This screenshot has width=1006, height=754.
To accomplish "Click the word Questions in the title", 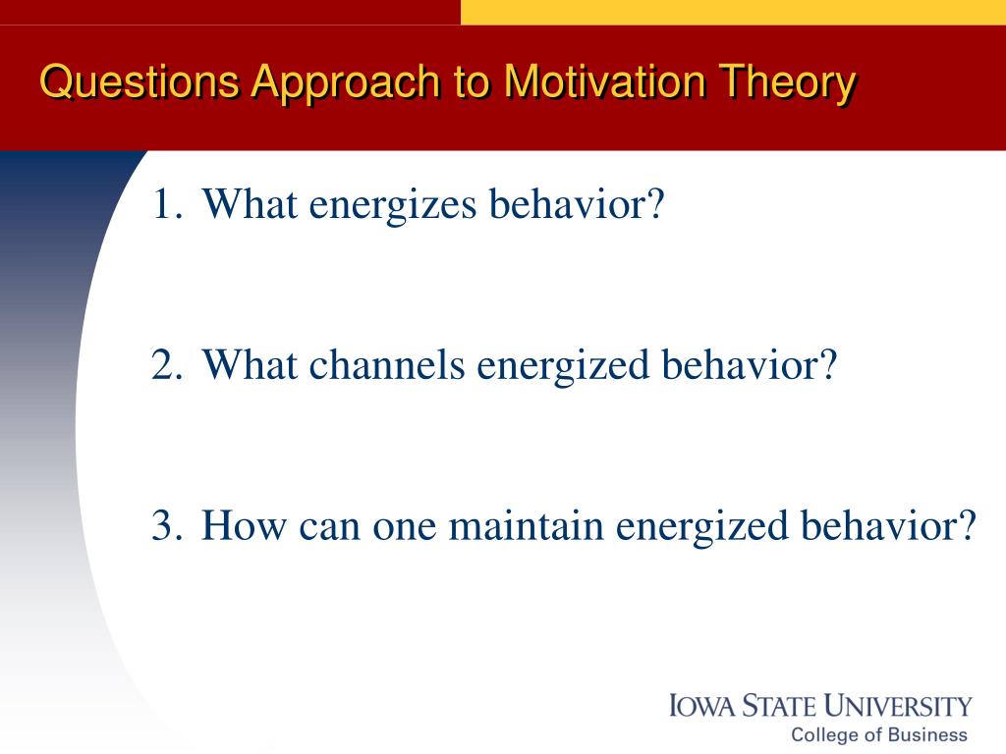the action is (140, 82).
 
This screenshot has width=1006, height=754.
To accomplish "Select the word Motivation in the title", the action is (605, 82).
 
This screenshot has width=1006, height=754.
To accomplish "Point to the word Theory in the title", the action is (787, 84).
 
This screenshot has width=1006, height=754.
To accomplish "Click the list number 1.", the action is (166, 204).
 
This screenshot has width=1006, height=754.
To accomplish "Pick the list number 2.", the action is (167, 365).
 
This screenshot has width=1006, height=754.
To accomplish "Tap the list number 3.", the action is (167, 526).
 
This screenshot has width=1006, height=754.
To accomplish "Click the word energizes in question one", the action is (393, 207).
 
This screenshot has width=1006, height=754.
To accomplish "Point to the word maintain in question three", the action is (527, 526).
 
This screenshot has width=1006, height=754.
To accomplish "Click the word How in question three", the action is (244, 526).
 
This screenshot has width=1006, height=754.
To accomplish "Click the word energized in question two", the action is (563, 368).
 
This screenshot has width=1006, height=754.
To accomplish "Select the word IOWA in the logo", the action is (701, 705).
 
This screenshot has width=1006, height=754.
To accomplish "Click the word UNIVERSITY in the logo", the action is (898, 705).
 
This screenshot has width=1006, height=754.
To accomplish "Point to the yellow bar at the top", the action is (733, 12).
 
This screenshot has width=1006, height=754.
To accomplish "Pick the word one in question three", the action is (404, 529).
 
